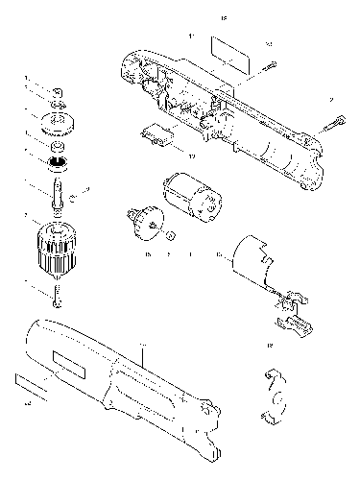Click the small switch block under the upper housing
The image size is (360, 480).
[156, 137]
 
